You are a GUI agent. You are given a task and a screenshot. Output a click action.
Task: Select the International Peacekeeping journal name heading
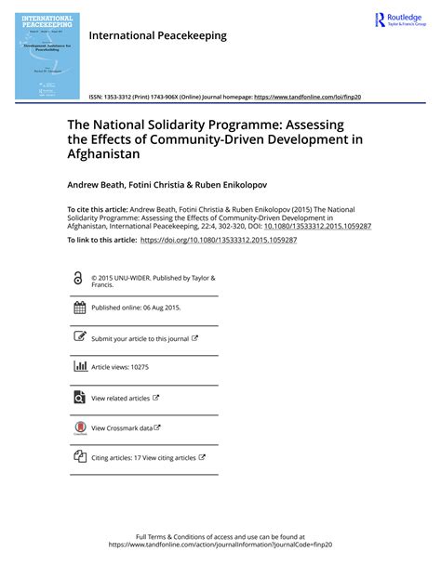point(157,35)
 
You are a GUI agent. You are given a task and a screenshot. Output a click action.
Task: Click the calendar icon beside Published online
point(79,308)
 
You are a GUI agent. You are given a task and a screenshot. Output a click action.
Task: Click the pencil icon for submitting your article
point(79,338)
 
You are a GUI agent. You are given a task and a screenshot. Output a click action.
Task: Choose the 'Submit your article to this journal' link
point(140,339)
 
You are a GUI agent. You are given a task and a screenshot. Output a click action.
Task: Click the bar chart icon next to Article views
point(79,367)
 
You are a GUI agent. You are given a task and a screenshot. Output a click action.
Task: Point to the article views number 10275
point(139,368)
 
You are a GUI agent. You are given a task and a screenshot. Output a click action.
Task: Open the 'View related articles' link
point(120,398)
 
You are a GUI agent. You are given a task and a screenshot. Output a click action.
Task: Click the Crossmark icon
point(79,427)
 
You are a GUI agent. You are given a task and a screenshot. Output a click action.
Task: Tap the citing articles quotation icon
point(79,457)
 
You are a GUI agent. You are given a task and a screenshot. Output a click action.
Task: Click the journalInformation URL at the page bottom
point(220,545)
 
